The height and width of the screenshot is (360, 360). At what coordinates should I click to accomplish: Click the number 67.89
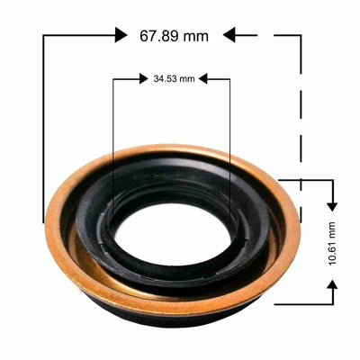tap(158, 36)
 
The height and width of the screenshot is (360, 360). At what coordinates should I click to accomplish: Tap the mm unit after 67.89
tap(194, 36)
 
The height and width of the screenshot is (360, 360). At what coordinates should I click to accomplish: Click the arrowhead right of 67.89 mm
tap(229, 34)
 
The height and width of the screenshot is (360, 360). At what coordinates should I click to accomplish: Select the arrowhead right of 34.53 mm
tap(203, 79)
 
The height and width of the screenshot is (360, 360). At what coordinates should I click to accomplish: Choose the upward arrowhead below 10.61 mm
tap(333, 286)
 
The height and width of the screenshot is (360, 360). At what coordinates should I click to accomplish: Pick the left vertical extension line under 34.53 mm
tap(112, 135)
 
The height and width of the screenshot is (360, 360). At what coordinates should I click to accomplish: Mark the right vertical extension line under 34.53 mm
tap(229, 135)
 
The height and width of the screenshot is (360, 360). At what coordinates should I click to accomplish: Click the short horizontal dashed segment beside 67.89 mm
tap(248, 34)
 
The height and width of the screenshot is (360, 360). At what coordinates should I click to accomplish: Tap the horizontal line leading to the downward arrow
tap(310, 180)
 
